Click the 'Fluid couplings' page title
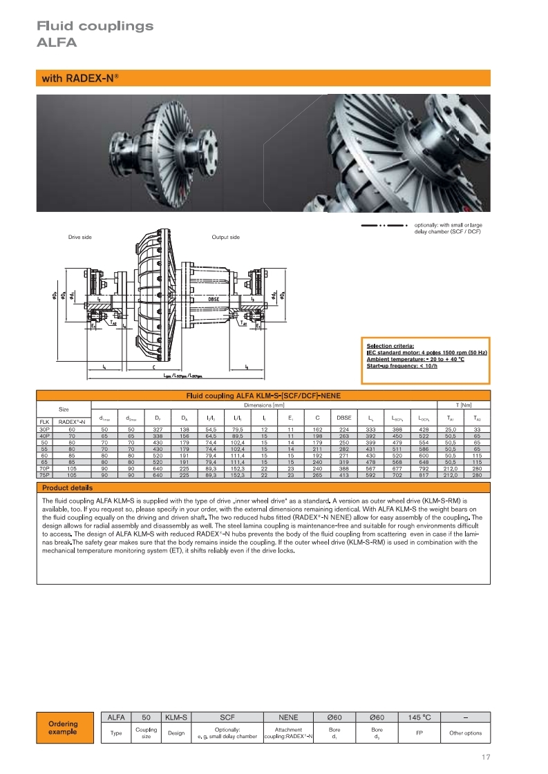tap(95, 26)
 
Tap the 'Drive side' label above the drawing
tap(79, 238)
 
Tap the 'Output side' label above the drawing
tap(225, 238)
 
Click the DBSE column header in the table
tap(343, 418)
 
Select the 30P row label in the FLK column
tap(44, 429)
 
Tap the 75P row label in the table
tap(44, 475)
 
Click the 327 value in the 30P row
tap(157, 429)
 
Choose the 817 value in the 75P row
tap(422, 475)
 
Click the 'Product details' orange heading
tap(66, 488)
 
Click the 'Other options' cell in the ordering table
tap(465, 733)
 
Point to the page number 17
tap(485, 757)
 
